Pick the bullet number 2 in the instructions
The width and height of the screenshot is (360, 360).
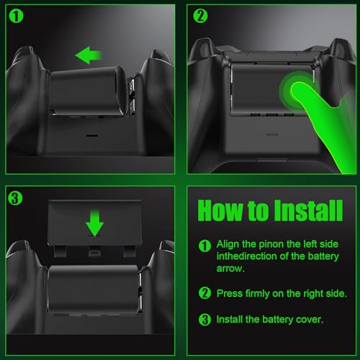[x=204, y=293]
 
